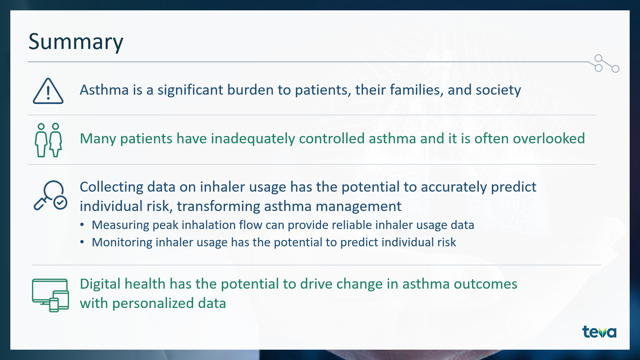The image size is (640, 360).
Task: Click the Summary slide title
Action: [76, 42]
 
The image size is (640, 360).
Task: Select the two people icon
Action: [48, 140]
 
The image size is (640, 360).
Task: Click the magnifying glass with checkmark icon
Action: [50, 195]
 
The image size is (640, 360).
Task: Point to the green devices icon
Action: [50, 295]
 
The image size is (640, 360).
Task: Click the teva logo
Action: [599, 332]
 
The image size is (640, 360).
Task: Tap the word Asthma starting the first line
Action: [104, 90]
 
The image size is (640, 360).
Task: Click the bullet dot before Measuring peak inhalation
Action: [82, 225]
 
